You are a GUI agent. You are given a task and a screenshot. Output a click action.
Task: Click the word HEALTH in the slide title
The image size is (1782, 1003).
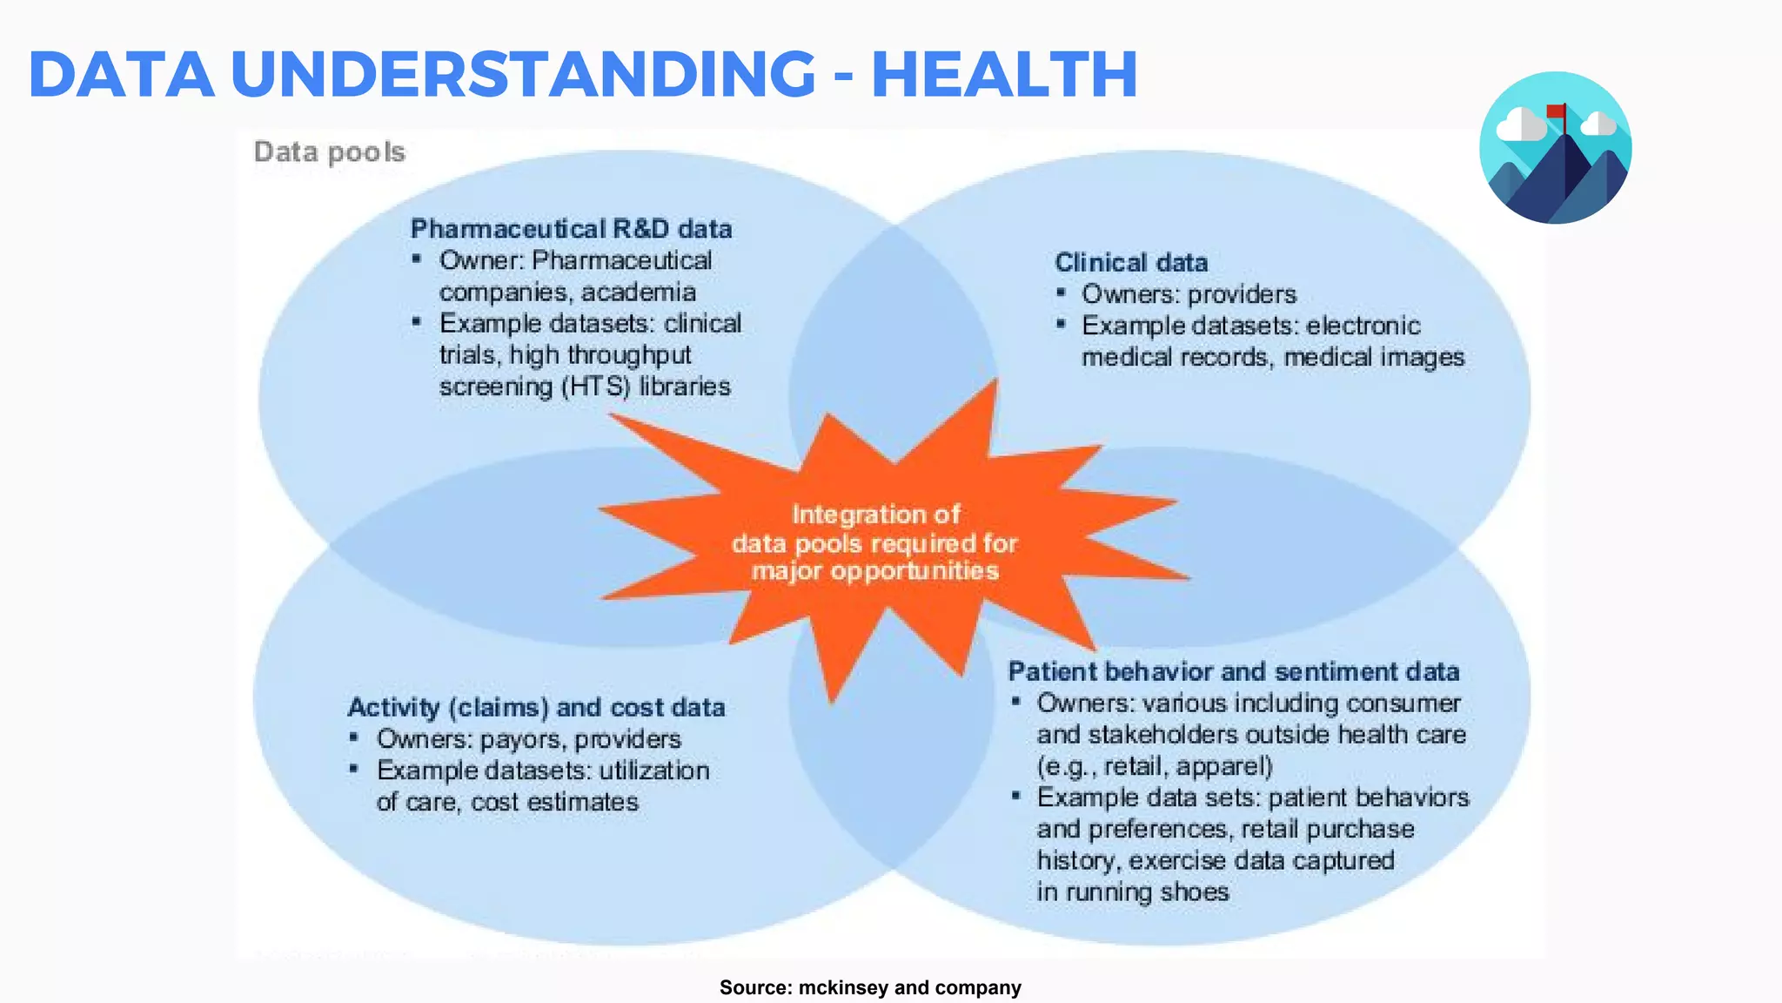click(x=1004, y=74)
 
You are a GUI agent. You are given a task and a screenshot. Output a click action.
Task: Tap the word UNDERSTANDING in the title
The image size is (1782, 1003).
click(x=523, y=74)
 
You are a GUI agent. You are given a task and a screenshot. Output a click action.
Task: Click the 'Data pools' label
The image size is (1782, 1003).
click(x=330, y=152)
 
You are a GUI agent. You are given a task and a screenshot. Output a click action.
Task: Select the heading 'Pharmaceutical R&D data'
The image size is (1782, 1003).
click(x=571, y=229)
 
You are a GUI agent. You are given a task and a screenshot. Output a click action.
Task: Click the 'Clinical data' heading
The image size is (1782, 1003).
click(x=1131, y=262)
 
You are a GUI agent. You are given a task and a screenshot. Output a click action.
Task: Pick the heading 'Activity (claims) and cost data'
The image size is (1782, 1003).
click(x=536, y=707)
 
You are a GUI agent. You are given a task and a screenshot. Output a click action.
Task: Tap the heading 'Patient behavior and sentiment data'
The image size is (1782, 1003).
click(x=1233, y=671)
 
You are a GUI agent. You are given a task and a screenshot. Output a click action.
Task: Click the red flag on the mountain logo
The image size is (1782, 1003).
click(x=1556, y=111)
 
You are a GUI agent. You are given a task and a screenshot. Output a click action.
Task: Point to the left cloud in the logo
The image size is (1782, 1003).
click(x=1520, y=126)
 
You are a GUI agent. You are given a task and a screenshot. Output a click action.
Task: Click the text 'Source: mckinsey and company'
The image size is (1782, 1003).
click(x=870, y=987)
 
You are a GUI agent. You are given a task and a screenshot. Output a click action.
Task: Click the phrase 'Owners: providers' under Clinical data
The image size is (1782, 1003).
click(x=1189, y=294)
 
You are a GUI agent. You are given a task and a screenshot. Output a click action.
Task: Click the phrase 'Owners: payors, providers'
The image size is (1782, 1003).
click(x=528, y=739)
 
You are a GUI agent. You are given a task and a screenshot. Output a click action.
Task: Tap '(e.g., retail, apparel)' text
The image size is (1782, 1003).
click(x=1155, y=766)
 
